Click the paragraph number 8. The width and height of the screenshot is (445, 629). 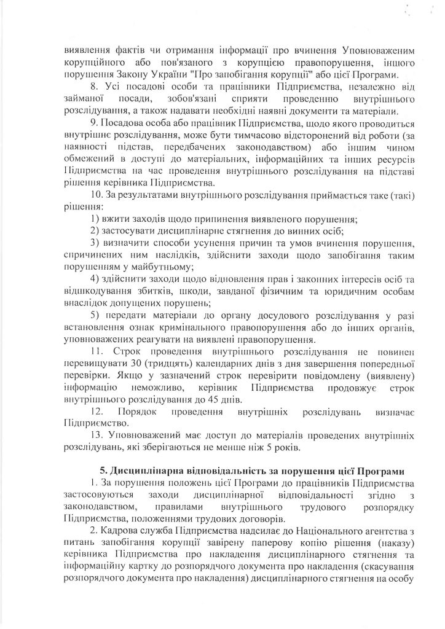pos(93,88)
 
